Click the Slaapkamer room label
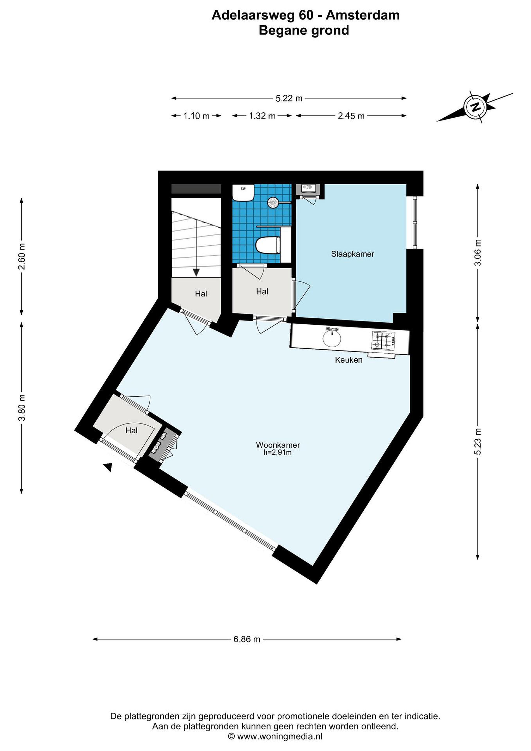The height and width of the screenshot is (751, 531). pyautogui.click(x=352, y=254)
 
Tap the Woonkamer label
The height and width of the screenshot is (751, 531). pyautogui.click(x=278, y=445)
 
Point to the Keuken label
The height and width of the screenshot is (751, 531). pyautogui.click(x=349, y=360)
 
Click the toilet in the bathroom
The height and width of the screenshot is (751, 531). pyautogui.click(x=268, y=245)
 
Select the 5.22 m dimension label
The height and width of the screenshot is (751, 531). pyautogui.click(x=289, y=98)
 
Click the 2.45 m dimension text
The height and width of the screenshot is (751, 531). pyautogui.click(x=351, y=116)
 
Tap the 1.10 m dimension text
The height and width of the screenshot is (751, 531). pyautogui.click(x=196, y=116)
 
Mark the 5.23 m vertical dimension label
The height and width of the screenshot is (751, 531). pyautogui.click(x=478, y=441)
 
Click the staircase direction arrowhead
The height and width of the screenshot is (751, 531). pyautogui.click(x=196, y=272)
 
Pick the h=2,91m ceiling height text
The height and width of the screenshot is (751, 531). pyautogui.click(x=278, y=453)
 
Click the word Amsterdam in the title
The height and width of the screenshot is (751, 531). pyautogui.click(x=363, y=15)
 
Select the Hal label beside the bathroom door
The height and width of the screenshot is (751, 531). pyautogui.click(x=262, y=292)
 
